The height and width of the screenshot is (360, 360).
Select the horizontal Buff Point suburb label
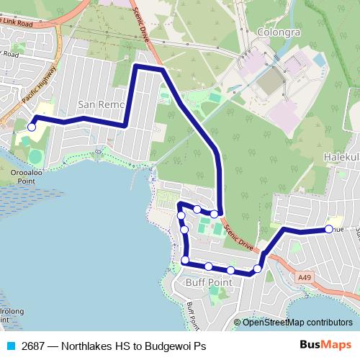[x=209, y=282]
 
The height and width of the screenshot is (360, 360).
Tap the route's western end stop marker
[x=31, y=127]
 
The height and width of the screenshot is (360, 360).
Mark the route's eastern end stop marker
[x=329, y=229]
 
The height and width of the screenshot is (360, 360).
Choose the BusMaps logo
[x=325, y=346]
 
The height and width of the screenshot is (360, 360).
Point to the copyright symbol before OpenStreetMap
[x=238, y=322]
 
